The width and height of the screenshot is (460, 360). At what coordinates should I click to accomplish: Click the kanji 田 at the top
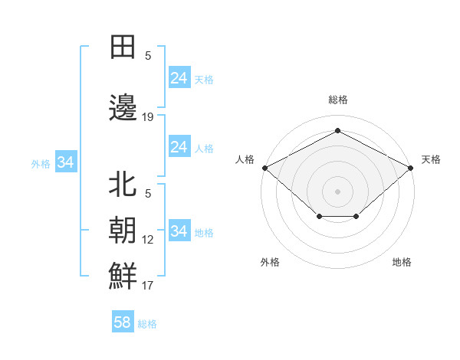123,47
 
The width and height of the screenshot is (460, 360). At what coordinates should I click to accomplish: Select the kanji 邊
123,108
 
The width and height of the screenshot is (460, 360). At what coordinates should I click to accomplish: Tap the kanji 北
123,185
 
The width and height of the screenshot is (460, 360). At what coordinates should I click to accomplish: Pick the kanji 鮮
123,275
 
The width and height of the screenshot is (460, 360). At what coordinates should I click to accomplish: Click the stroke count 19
148,117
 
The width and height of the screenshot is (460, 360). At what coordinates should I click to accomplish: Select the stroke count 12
148,240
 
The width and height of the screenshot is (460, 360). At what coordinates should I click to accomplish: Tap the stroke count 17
148,286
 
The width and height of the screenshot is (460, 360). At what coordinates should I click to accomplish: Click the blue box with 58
123,322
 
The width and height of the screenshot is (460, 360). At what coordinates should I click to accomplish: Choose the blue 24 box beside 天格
179,78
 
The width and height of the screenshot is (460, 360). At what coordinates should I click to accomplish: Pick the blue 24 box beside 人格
179,147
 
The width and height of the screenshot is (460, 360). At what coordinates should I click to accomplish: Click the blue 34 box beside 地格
179,231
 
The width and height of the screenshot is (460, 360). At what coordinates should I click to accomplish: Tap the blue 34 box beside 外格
65,162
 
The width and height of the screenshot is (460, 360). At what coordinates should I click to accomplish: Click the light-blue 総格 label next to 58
148,324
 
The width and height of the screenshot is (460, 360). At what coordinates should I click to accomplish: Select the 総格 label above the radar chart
337,100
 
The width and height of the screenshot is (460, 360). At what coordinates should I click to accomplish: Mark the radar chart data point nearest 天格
411,167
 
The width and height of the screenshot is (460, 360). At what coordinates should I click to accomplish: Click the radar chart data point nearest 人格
264,167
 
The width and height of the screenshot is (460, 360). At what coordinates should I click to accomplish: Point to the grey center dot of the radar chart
337,191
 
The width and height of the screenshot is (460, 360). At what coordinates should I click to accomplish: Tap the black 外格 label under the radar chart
270,262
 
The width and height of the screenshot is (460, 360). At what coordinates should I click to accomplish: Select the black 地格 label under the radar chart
402,262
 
